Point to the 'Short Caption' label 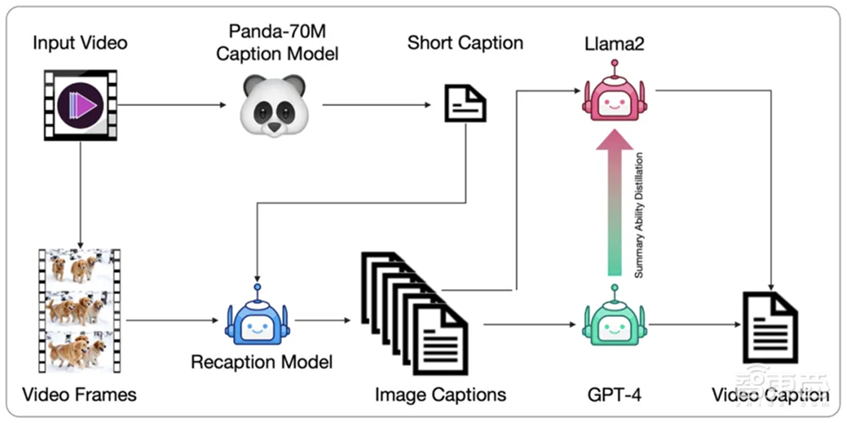pos(465,42)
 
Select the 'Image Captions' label pos(440,394)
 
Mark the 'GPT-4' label pos(612,394)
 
